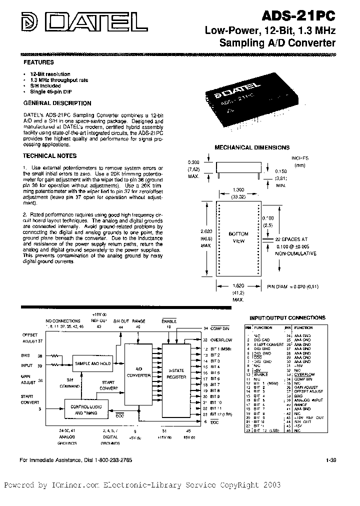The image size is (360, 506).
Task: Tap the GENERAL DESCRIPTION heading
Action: (58, 103)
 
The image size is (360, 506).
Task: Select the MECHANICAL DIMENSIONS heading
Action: (252, 147)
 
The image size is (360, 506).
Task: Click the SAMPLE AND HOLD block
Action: (92, 363)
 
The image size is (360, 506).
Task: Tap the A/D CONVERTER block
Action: (137, 374)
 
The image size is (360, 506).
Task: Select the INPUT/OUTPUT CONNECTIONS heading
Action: (287, 317)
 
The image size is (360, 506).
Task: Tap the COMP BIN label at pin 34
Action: (220, 328)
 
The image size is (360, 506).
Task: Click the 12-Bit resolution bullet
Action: (50, 74)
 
